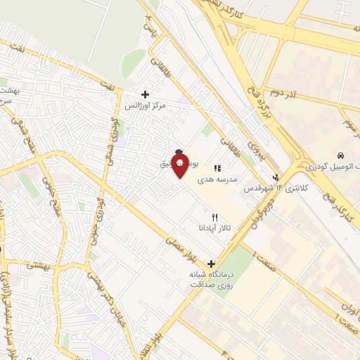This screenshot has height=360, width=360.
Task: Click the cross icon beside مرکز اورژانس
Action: point(145,94)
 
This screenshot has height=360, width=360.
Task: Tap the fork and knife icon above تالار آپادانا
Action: point(215,217)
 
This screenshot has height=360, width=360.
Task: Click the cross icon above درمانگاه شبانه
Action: point(211,263)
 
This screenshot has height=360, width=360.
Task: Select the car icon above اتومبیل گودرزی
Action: point(340,155)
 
